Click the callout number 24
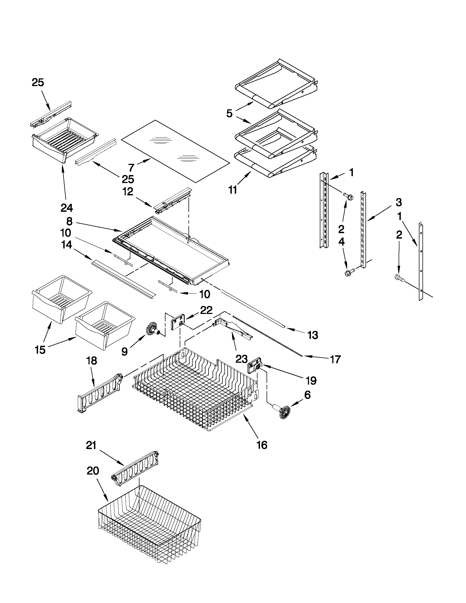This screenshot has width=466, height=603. [67, 208]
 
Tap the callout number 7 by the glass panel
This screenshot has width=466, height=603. [131, 167]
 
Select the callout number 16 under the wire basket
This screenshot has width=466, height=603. [262, 445]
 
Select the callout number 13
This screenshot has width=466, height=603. [313, 335]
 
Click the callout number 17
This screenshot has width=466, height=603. [335, 359]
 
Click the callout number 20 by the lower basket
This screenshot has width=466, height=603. [93, 471]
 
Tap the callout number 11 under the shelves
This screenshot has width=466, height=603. [232, 190]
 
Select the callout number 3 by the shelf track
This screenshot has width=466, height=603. [399, 202]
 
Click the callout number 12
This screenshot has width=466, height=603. [128, 191]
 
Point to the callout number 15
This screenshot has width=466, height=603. [40, 350]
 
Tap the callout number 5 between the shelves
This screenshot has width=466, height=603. [229, 113]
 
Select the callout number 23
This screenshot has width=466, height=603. [241, 359]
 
